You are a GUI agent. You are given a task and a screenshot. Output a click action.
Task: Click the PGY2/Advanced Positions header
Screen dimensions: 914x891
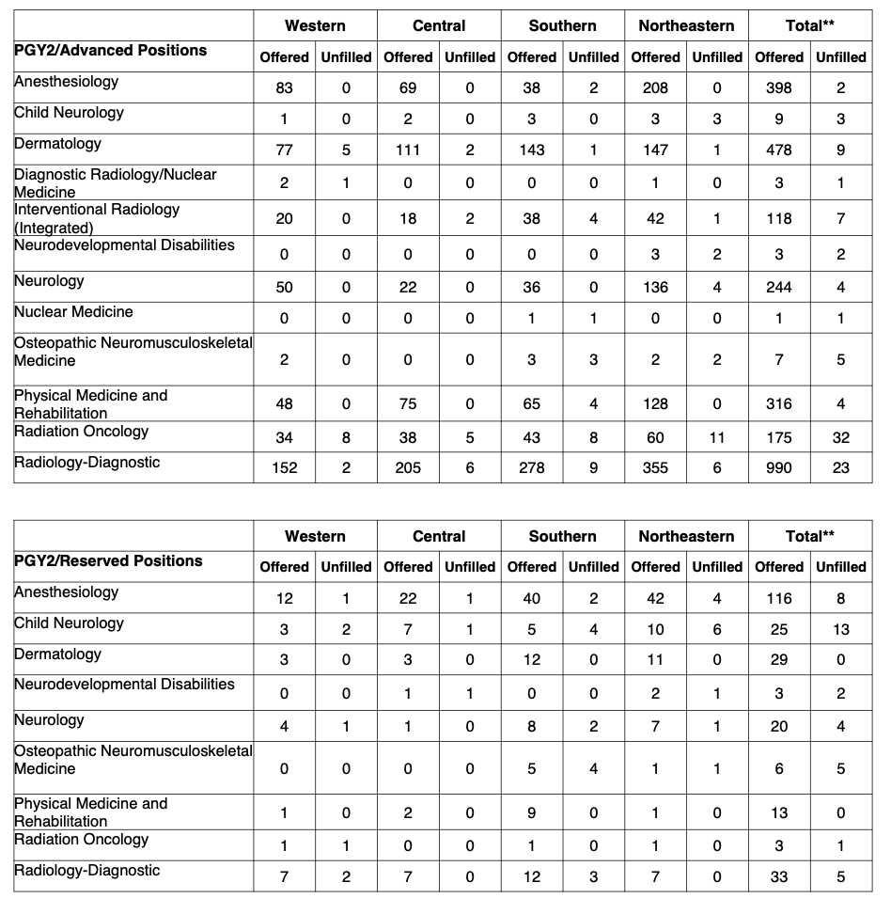(111, 51)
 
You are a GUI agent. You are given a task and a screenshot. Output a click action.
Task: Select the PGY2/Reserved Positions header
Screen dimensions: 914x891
(108, 561)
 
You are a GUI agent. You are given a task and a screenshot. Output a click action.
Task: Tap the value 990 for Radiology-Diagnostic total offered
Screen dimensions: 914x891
(779, 467)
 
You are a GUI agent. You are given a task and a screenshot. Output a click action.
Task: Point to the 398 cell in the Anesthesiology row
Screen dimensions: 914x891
(779, 88)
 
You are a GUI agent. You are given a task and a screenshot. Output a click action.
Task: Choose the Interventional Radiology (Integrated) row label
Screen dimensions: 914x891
(97, 218)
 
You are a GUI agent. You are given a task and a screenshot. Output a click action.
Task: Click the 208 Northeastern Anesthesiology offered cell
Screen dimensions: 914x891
(655, 88)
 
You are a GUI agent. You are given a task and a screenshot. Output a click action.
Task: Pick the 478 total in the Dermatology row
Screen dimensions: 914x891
(779, 150)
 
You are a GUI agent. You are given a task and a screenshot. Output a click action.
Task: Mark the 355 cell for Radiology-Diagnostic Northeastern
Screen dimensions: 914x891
(655, 467)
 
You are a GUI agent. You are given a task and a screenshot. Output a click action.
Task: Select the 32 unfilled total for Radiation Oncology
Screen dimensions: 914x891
(840, 437)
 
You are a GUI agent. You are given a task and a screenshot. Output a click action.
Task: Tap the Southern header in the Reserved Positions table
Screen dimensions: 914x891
(562, 537)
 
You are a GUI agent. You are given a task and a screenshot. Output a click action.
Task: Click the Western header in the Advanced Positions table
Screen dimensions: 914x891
(315, 26)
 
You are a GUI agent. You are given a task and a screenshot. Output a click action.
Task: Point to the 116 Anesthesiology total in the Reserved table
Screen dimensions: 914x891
(779, 599)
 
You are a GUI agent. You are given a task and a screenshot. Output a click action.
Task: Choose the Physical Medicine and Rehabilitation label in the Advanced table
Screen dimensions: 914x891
(91, 404)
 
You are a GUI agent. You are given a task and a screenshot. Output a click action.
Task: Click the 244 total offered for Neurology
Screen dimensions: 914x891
(779, 288)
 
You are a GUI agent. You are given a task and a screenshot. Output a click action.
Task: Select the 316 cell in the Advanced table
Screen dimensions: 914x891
(779, 404)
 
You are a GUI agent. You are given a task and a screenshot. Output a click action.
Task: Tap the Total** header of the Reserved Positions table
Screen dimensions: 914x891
(810, 537)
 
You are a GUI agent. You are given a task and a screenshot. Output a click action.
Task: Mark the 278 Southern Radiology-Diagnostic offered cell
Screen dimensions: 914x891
(532, 467)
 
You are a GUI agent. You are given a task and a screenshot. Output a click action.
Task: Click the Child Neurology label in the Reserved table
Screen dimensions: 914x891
(69, 623)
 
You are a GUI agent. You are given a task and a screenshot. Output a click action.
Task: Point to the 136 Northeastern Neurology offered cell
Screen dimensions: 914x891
(655, 288)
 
